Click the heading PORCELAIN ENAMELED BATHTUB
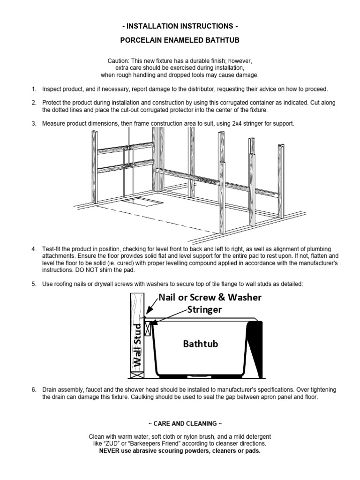[x=180, y=41]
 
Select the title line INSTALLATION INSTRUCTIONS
[x=180, y=25]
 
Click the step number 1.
[x=34, y=89]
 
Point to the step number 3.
[x=34, y=123]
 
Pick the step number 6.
[x=34, y=390]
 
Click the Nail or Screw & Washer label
[x=210, y=297]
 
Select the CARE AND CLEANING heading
[x=180, y=423]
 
